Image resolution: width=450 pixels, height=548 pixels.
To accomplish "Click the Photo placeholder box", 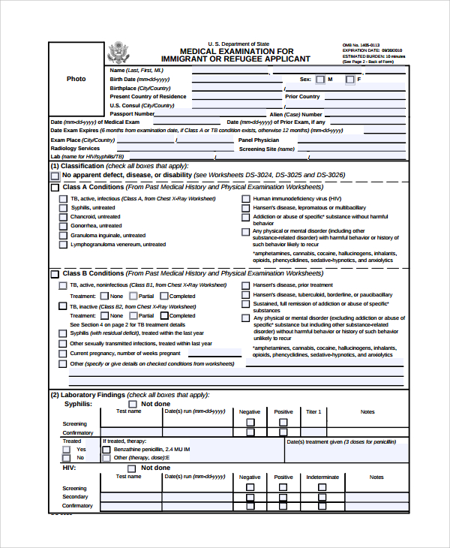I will pos(76,79).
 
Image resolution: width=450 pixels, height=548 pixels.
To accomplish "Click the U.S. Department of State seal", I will pos(118,53).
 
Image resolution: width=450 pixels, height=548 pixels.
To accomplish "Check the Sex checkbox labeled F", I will pos(349,79).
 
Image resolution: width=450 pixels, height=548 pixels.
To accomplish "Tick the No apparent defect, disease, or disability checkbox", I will pos(55,176).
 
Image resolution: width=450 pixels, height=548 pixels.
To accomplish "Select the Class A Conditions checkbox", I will pos(55,187).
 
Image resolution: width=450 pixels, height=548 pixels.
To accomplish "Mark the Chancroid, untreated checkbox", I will pos(64,217).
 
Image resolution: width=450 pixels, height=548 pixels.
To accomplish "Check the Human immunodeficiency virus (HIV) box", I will pos(245,199).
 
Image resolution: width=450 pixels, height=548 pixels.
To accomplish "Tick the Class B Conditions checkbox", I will pos(55,274).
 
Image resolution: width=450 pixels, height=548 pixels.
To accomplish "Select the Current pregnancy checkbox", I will pos(64,353).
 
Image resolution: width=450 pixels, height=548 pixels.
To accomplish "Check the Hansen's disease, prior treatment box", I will pos(245,285).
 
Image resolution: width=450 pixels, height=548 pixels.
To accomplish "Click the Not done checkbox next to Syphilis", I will pos(132,404).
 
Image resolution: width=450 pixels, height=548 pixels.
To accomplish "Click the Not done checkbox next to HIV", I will pos(132,468).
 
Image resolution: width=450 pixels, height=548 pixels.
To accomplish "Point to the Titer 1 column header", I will pos(313,412).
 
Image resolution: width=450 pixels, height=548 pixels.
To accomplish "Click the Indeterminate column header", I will pos(322,477).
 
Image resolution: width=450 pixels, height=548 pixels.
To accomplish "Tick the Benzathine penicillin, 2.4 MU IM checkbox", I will pos(106,449).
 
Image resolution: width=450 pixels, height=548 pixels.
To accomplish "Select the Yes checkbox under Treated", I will pos(69,449).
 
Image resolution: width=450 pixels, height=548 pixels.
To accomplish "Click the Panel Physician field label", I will pos(259,140).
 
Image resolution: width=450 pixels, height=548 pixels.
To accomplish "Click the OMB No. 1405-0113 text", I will pos(359,45).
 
